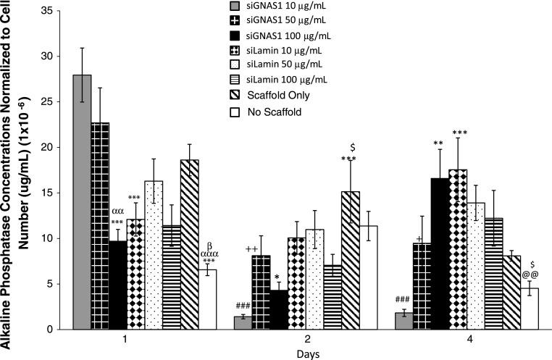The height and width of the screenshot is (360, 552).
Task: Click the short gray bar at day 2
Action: click(x=243, y=323)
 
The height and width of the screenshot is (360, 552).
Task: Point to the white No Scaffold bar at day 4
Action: click(x=530, y=309)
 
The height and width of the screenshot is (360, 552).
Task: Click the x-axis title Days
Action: click(x=305, y=354)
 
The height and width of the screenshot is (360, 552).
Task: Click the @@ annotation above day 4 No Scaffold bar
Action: click(x=530, y=275)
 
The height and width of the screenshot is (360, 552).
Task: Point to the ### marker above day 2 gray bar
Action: click(x=243, y=306)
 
